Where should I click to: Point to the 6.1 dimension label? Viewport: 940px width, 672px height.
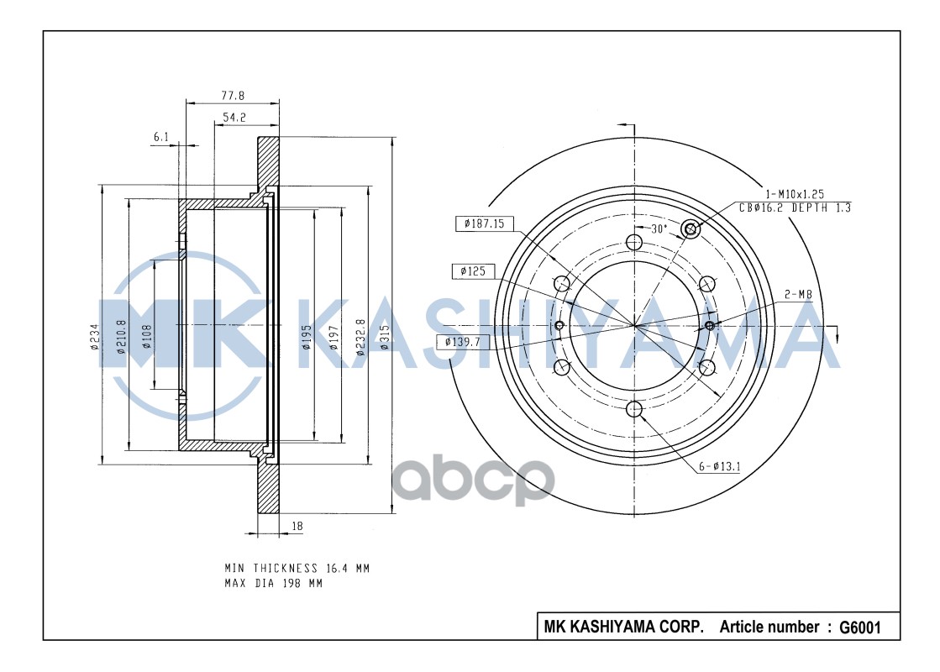click(162, 137)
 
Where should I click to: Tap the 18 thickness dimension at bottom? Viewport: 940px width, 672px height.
click(297, 527)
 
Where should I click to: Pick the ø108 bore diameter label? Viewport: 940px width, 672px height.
click(146, 336)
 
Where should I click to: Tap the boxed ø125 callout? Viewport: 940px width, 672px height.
click(473, 271)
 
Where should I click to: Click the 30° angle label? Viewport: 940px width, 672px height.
click(658, 228)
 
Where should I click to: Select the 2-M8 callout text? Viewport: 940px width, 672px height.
click(797, 294)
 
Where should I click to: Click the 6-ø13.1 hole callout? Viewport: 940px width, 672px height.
click(719, 467)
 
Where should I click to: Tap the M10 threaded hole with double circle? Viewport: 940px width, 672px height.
click(691, 228)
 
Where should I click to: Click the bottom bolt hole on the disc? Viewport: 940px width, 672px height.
click(634, 409)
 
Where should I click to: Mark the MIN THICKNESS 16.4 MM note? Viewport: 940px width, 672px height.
click(297, 568)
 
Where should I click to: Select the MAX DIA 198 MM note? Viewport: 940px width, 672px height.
click(273, 583)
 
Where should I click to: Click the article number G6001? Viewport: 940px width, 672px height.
click(858, 627)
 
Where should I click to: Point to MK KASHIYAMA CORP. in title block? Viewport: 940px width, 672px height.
click(623, 627)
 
